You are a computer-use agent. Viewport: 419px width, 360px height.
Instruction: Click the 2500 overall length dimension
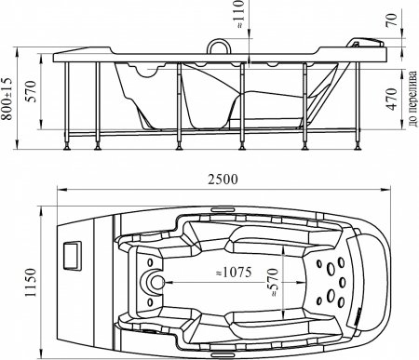pyautogui.click(x=223, y=180)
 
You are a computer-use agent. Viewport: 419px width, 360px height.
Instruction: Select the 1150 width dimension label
pyautogui.click(x=31, y=283)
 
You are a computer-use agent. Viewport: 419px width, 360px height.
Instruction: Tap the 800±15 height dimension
pyautogui.click(x=7, y=98)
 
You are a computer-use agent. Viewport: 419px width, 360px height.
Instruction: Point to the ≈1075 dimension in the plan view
pyautogui.click(x=234, y=273)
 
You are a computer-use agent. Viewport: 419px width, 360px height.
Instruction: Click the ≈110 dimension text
pyautogui.click(x=240, y=15)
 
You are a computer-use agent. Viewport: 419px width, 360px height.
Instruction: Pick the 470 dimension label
pyautogui.click(x=392, y=100)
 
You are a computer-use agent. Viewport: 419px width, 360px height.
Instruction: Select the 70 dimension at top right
pyautogui.click(x=392, y=20)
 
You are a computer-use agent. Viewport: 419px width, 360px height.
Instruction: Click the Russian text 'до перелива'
pyautogui.click(x=412, y=100)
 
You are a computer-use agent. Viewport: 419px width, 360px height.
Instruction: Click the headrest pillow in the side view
pyautogui.click(x=365, y=43)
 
